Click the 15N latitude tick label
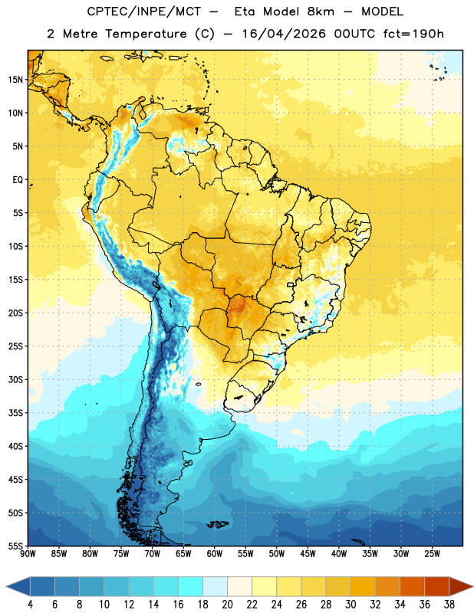(15, 80)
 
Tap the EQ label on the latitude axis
(18, 180)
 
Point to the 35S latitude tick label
(15, 413)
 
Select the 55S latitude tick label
(15, 546)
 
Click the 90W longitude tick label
(28, 554)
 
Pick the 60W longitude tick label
(215, 554)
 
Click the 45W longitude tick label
(308, 554)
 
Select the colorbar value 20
(227, 605)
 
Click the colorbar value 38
(449, 605)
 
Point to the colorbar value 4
(30, 605)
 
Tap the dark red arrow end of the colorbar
(461, 586)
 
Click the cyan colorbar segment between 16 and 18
(190, 586)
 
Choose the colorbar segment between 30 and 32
(363, 586)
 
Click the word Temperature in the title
(146, 34)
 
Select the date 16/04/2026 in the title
(284, 34)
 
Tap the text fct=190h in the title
(413, 34)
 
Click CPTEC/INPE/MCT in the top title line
(144, 11)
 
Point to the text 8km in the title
(321, 11)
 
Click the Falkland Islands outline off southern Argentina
(218, 524)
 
